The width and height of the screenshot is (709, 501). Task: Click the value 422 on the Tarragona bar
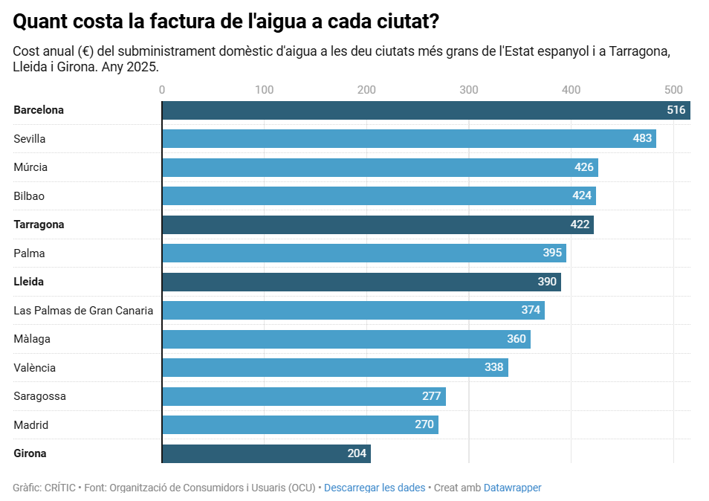pos(580,224)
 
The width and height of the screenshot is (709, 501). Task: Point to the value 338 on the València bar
pos(493,367)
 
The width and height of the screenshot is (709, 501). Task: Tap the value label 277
pos(431,396)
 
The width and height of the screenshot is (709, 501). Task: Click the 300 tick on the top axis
pos(468,90)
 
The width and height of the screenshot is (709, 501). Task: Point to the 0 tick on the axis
pos(162,90)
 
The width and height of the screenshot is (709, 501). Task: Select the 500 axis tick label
pos(673,90)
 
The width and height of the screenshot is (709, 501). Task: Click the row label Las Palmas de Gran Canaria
pos(83,311)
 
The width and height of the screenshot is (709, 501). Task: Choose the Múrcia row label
pos(30,167)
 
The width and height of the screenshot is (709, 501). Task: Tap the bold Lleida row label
pos(28,282)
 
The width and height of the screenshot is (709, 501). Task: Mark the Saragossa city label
pos(39,396)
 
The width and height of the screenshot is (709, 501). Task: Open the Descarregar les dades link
pos(375,488)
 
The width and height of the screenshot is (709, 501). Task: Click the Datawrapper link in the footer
pos(512,488)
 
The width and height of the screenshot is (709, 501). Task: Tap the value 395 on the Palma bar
pos(552,253)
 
